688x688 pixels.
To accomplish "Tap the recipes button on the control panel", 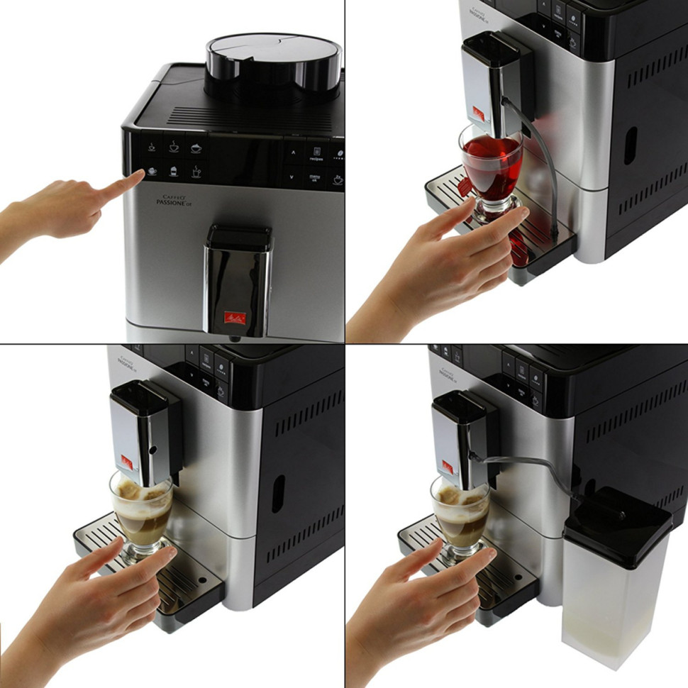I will (x=316, y=153).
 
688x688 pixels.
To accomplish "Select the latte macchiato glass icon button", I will (x=173, y=172).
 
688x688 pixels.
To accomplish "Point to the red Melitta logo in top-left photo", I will (x=235, y=318).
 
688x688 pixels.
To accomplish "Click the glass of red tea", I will (x=491, y=167).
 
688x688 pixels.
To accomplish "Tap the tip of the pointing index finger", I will (x=138, y=174).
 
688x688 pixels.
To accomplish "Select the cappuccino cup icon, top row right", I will (x=196, y=148).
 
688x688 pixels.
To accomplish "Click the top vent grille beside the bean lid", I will (x=234, y=116).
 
